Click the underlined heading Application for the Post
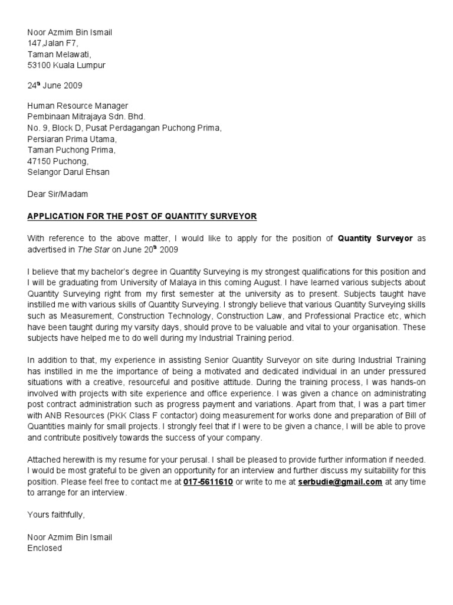142,216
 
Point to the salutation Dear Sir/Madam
58,194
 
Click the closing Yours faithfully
56,515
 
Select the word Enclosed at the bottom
44,548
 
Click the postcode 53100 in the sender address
38,66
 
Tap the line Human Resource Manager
77,106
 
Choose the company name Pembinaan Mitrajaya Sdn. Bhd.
86,117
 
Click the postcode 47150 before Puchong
38,161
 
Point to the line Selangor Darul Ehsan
68,173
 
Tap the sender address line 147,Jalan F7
52,43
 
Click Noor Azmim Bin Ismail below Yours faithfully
70,537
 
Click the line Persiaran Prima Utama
72,139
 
